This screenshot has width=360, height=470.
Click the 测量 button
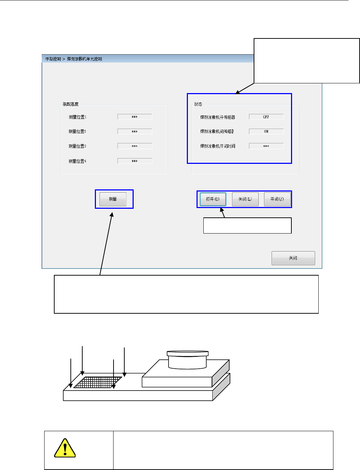113,199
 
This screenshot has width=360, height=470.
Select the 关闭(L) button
245,199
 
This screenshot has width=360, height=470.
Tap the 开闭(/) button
277,199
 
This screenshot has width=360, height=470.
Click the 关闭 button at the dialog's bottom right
293,258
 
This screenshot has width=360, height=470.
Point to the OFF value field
266,117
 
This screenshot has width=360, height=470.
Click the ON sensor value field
266,132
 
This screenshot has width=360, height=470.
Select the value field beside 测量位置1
135,117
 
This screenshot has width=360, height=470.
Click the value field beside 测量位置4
135,161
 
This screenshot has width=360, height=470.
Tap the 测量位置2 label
77,132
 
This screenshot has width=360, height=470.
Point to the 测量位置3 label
77,146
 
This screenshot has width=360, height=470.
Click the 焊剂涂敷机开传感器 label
218,117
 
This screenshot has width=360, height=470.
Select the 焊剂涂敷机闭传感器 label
217,132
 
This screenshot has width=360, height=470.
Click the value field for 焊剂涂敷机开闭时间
266,146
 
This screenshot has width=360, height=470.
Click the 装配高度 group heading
70,104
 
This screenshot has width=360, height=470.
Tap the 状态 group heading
198,104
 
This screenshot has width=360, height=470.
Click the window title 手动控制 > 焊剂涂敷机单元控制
74,59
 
